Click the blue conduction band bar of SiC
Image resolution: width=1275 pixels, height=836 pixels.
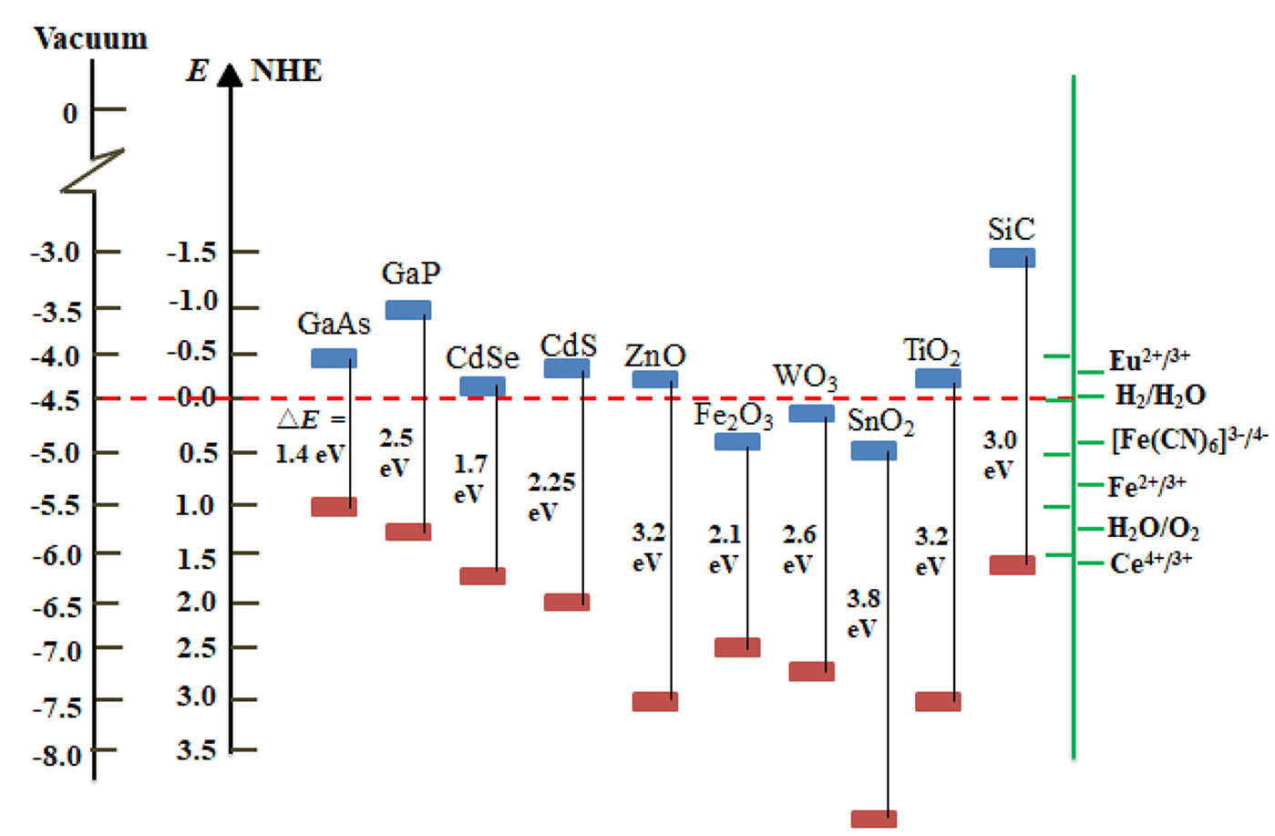[1012, 258]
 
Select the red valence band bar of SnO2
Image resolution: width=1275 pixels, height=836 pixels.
[873, 819]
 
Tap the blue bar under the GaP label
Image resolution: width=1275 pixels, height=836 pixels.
[407, 310]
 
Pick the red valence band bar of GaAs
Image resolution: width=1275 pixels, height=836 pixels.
[334, 507]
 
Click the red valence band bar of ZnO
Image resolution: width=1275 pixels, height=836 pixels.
[654, 701]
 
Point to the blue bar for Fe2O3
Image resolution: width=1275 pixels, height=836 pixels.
[736, 442]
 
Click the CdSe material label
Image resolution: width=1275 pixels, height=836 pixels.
[482, 358]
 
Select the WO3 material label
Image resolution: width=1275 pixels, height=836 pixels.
[805, 376]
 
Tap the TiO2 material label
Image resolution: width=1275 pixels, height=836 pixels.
[931, 351]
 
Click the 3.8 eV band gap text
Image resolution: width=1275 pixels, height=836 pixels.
[862, 613]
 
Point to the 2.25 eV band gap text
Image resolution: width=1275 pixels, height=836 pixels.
[551, 496]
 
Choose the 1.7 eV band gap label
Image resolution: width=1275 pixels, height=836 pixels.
[470, 479]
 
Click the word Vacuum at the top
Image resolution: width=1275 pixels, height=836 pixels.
[90, 38]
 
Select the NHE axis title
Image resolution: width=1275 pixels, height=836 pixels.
[286, 71]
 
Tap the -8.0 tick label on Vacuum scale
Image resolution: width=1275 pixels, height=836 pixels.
[57, 756]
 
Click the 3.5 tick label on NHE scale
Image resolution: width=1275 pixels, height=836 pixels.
[196, 750]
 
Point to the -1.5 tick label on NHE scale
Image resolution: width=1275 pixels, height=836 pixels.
[191, 252]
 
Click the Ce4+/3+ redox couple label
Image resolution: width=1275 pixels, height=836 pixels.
[1150, 563]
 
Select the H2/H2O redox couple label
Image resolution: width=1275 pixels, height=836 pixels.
[1160, 396]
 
